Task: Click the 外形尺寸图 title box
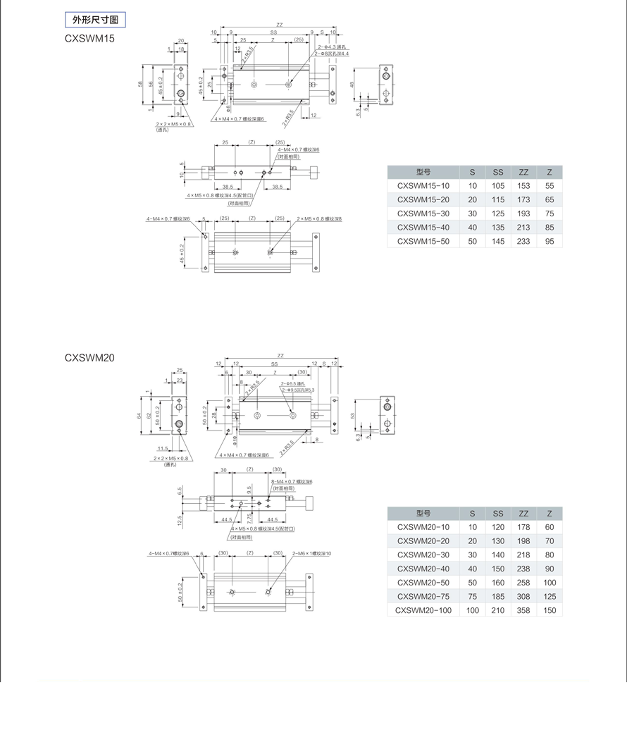(95, 20)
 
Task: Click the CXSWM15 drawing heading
(89, 38)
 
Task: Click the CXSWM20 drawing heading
(89, 357)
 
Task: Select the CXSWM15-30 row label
(423, 213)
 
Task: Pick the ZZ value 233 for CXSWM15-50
(523, 241)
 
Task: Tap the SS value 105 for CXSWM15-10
(498, 186)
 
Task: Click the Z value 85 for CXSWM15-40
(550, 228)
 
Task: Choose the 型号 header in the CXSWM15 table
(423, 172)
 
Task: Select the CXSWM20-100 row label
(423, 610)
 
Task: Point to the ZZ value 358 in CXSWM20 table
(523, 610)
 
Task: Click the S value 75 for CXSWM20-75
(472, 596)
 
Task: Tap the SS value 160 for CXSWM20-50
(498, 583)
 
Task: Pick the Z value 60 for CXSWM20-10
(550, 527)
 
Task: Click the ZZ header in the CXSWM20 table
(523, 514)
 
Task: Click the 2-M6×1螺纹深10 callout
(311, 554)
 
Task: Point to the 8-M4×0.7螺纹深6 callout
(292, 481)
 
